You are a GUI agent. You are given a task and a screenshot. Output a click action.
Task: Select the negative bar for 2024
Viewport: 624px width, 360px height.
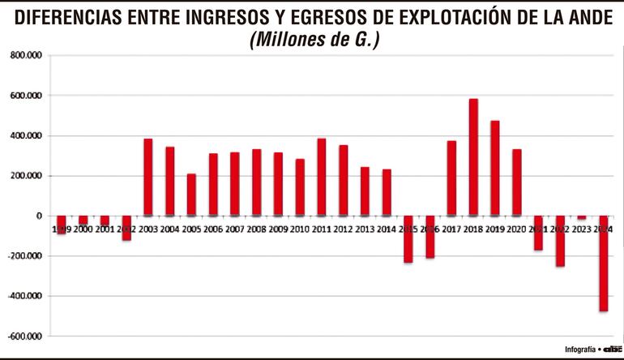click(x=603, y=264)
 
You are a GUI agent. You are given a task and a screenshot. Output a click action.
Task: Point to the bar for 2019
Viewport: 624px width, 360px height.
click(x=495, y=168)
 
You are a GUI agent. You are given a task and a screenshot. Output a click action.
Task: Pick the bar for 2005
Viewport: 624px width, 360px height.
click(x=191, y=195)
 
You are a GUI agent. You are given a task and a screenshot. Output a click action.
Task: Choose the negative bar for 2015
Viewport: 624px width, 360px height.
click(x=408, y=239)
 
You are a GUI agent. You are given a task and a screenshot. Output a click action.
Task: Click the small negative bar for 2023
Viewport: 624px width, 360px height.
click(x=582, y=217)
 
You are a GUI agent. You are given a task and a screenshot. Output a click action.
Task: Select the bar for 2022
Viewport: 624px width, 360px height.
click(x=560, y=241)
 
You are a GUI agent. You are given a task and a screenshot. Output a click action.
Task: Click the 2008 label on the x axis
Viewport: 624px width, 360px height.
click(x=255, y=229)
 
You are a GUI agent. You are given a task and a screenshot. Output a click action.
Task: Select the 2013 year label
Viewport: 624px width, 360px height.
click(x=365, y=229)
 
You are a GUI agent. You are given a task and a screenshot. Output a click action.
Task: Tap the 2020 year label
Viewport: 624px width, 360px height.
click(x=516, y=229)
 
